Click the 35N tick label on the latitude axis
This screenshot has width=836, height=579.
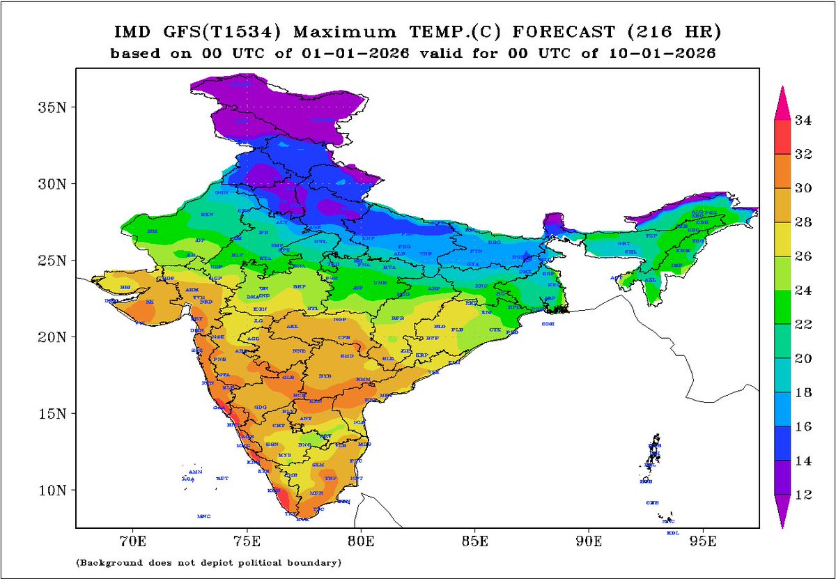click(x=47, y=107)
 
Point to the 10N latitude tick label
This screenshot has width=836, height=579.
click(x=47, y=490)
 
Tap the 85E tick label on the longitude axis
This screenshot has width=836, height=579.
click(x=474, y=540)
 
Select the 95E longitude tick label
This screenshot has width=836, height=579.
click(x=703, y=540)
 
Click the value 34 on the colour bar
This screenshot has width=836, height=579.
click(x=803, y=121)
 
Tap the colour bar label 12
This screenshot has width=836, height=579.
click(x=803, y=495)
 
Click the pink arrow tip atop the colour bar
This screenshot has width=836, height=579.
click(x=782, y=98)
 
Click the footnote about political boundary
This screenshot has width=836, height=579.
click(x=208, y=562)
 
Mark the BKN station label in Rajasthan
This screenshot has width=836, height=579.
click(x=207, y=215)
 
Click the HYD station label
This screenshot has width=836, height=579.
click(x=325, y=376)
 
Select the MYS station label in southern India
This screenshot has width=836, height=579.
click(x=284, y=455)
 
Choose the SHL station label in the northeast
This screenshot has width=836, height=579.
click(x=630, y=252)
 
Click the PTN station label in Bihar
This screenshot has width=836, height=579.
click(x=477, y=250)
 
